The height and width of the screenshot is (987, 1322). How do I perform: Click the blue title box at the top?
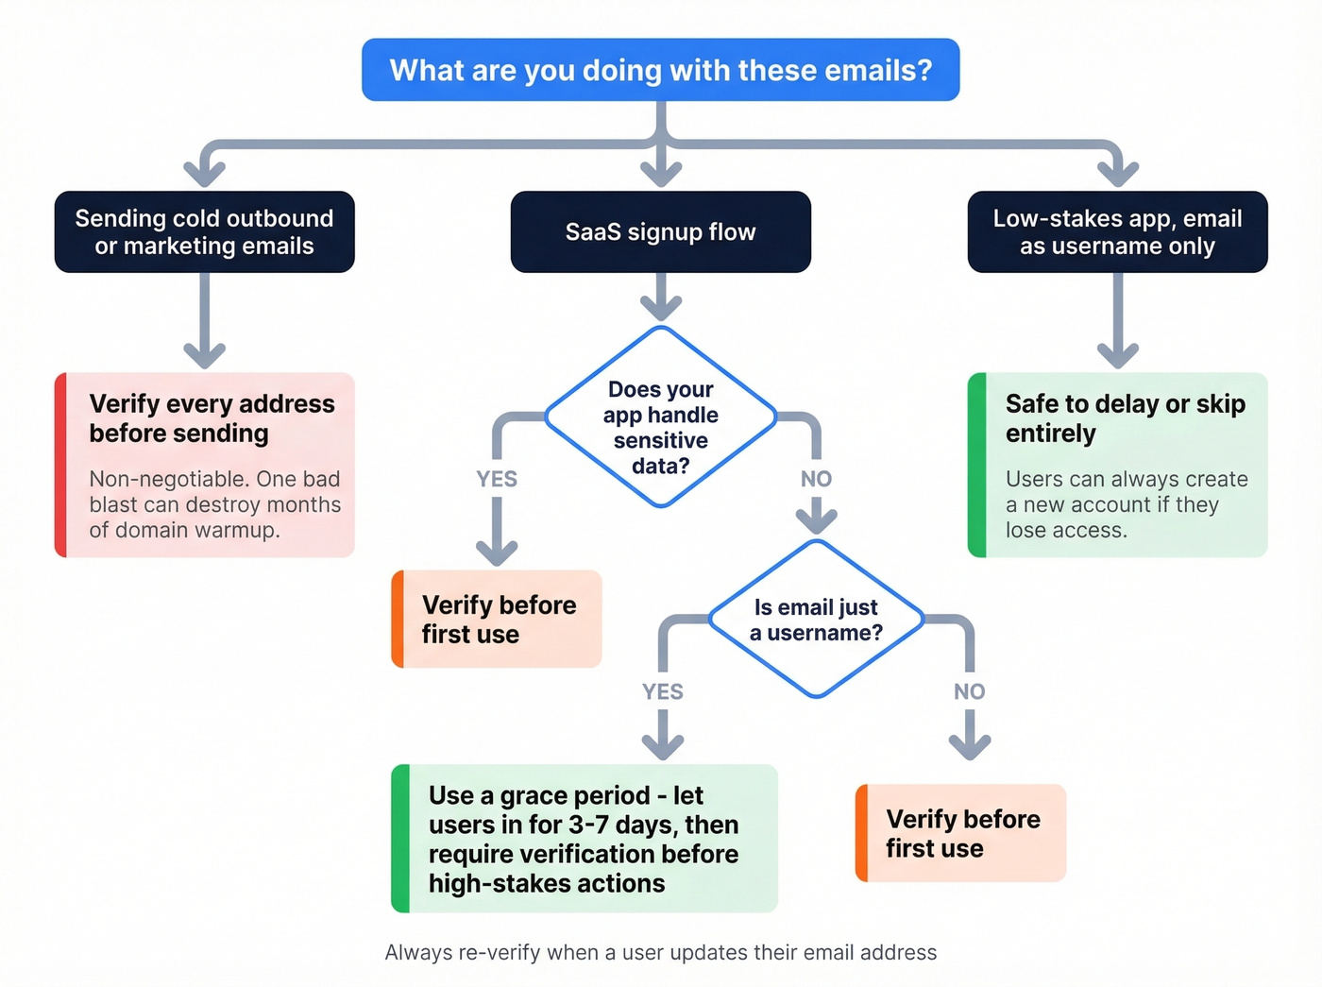coord(660,70)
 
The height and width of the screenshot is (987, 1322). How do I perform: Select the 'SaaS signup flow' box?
coord(660,232)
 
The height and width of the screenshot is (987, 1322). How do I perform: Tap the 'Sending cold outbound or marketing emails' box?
coord(204,232)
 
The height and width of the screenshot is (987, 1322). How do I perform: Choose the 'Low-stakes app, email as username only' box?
coord(1117,232)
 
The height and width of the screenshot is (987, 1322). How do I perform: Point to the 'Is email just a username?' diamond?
coord(816,620)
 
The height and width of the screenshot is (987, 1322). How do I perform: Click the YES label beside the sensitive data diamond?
coord(497,479)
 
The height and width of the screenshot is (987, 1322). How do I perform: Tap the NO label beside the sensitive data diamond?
coord(816,479)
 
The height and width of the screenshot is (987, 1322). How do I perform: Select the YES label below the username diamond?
coord(662,691)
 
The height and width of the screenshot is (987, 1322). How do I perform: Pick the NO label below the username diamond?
coord(969,691)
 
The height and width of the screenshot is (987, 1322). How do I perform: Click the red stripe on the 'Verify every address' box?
coord(60,465)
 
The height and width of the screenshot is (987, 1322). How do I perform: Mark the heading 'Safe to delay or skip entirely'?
coord(1124,418)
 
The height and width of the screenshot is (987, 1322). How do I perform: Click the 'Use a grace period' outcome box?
coord(584,839)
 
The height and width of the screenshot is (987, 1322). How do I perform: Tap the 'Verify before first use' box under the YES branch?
coord(498,620)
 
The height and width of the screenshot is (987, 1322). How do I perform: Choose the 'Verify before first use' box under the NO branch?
coord(961,833)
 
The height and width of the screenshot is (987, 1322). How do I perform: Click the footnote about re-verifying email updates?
coord(660,952)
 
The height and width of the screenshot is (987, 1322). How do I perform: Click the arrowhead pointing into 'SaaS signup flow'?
coord(660,174)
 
